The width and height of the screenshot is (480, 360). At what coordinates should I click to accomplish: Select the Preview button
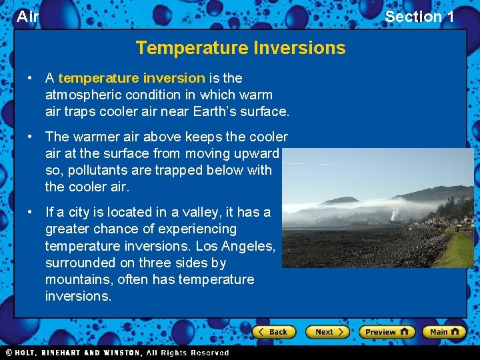(387, 331)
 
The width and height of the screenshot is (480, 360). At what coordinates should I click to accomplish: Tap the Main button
(445, 331)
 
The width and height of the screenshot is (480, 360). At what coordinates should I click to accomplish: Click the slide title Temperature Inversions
(241, 48)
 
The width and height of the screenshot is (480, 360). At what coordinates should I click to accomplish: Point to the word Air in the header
(27, 17)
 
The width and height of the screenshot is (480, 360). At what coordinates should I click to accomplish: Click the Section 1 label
(419, 17)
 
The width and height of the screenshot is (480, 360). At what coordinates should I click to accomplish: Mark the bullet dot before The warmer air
(31, 137)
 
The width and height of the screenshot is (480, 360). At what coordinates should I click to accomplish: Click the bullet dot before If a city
(31, 212)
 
